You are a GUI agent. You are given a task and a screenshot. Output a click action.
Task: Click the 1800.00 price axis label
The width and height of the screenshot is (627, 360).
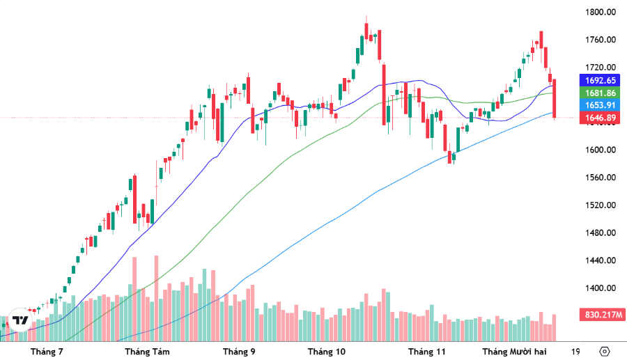(600, 13)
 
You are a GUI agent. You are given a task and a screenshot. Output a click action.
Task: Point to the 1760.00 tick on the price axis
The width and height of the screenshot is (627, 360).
(600, 40)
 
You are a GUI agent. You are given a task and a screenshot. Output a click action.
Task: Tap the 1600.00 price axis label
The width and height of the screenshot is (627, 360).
(600, 150)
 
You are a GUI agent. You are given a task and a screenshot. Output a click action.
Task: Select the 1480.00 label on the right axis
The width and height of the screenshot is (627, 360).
(600, 233)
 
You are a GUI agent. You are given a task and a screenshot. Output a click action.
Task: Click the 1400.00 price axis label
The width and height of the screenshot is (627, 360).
(600, 288)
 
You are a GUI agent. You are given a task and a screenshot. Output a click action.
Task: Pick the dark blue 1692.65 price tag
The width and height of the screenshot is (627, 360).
(600, 80)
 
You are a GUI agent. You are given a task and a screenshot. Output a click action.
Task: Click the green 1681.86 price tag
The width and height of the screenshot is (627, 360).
(600, 93)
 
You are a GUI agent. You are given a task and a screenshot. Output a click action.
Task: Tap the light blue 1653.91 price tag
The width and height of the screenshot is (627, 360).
(600, 105)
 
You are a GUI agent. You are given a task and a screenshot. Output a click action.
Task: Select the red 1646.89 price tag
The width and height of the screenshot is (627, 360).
(600, 118)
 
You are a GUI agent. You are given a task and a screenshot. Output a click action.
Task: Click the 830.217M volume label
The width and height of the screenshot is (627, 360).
(600, 315)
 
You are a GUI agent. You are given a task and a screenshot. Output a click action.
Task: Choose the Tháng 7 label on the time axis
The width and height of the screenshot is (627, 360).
(47, 352)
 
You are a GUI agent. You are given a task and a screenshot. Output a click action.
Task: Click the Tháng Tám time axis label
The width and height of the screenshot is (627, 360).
(146, 352)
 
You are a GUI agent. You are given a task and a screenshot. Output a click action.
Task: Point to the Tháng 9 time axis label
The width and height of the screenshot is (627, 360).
(238, 352)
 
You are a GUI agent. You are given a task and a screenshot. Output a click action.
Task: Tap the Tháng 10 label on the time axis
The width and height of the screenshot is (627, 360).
(326, 352)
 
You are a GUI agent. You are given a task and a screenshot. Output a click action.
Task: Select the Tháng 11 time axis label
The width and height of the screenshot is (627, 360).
(426, 352)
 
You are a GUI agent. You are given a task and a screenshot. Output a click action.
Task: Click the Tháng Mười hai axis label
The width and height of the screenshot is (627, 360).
(514, 352)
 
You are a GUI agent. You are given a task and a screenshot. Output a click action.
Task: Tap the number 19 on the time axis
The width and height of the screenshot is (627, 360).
(575, 352)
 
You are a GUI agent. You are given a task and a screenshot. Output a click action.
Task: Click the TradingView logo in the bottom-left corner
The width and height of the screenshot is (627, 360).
(21, 320)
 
